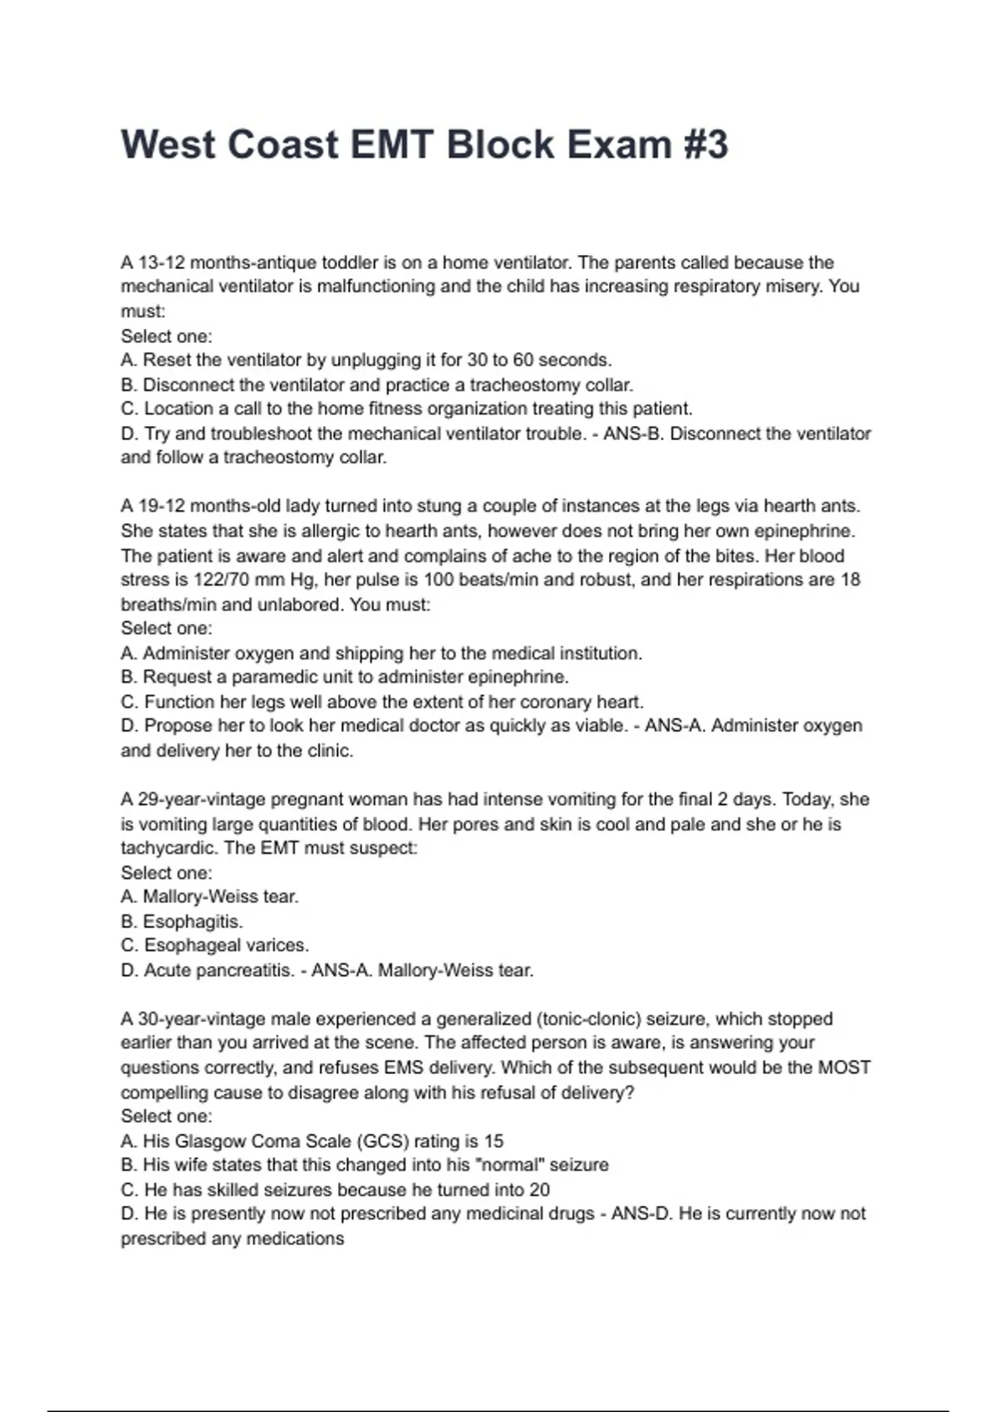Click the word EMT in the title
point(390,145)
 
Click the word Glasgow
point(210,1141)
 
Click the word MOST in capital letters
point(844,1067)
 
